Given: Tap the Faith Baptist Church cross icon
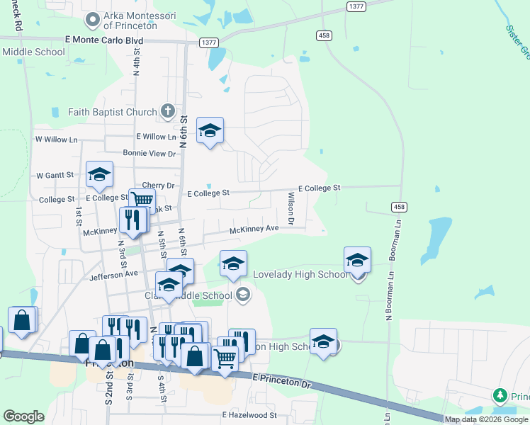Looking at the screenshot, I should pyautogui.click(x=167, y=111).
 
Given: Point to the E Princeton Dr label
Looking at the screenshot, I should pyautogui.click(x=281, y=383).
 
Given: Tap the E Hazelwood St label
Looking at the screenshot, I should pyautogui.click(x=249, y=414).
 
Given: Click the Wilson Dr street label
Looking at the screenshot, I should pyautogui.click(x=291, y=206).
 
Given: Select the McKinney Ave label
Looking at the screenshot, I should pyautogui.click(x=254, y=229).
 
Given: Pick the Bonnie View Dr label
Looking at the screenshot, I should pyautogui.click(x=149, y=153).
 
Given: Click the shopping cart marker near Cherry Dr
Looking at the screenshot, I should pyautogui.click(x=142, y=200).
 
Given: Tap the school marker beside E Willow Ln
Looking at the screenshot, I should pyautogui.click(x=210, y=130).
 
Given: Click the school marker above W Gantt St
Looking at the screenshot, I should pyautogui.click(x=100, y=174).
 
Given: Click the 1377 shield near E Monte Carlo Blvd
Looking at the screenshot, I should pyautogui.click(x=208, y=42).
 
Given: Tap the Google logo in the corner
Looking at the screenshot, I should pyautogui.click(x=23, y=416).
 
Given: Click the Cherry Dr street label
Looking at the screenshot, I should pyautogui.click(x=158, y=185).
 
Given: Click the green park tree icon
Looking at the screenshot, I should pyautogui.click(x=500, y=395).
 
